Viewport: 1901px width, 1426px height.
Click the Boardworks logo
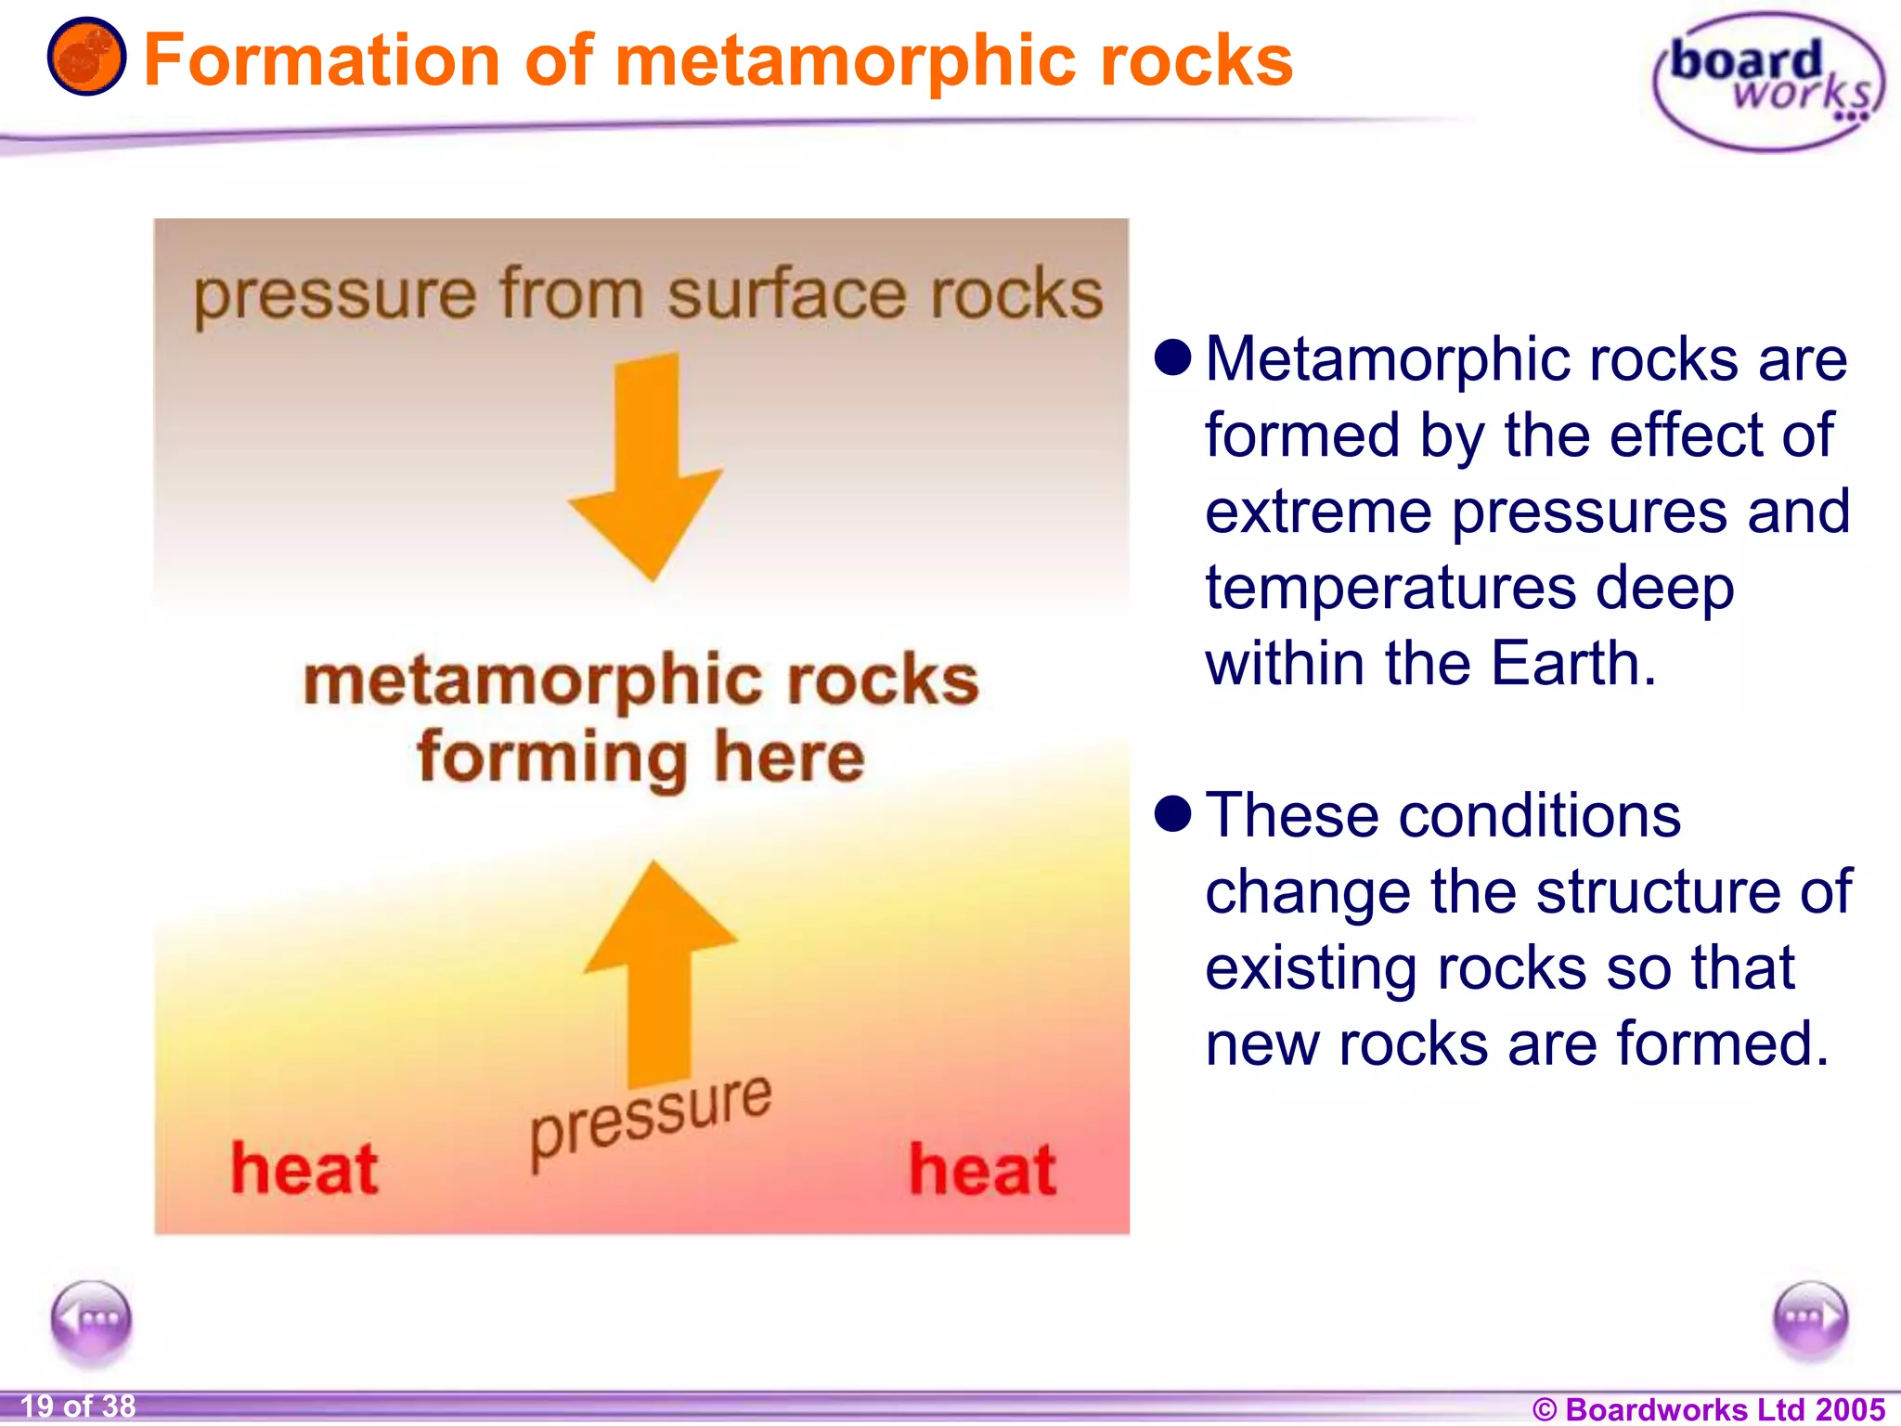1769,82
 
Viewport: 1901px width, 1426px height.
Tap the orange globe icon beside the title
86,58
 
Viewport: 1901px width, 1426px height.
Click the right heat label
982,1170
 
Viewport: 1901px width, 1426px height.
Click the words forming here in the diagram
640,757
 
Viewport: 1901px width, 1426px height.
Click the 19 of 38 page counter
78,1406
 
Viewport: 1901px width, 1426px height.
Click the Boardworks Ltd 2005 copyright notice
1708,1408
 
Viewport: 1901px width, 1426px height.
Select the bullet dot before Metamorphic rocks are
1172,357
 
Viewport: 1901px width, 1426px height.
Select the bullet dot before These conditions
1172,813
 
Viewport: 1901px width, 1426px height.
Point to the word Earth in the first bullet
1572,664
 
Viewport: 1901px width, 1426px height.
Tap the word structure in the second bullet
1658,891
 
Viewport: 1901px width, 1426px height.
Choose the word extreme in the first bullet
1318,512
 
